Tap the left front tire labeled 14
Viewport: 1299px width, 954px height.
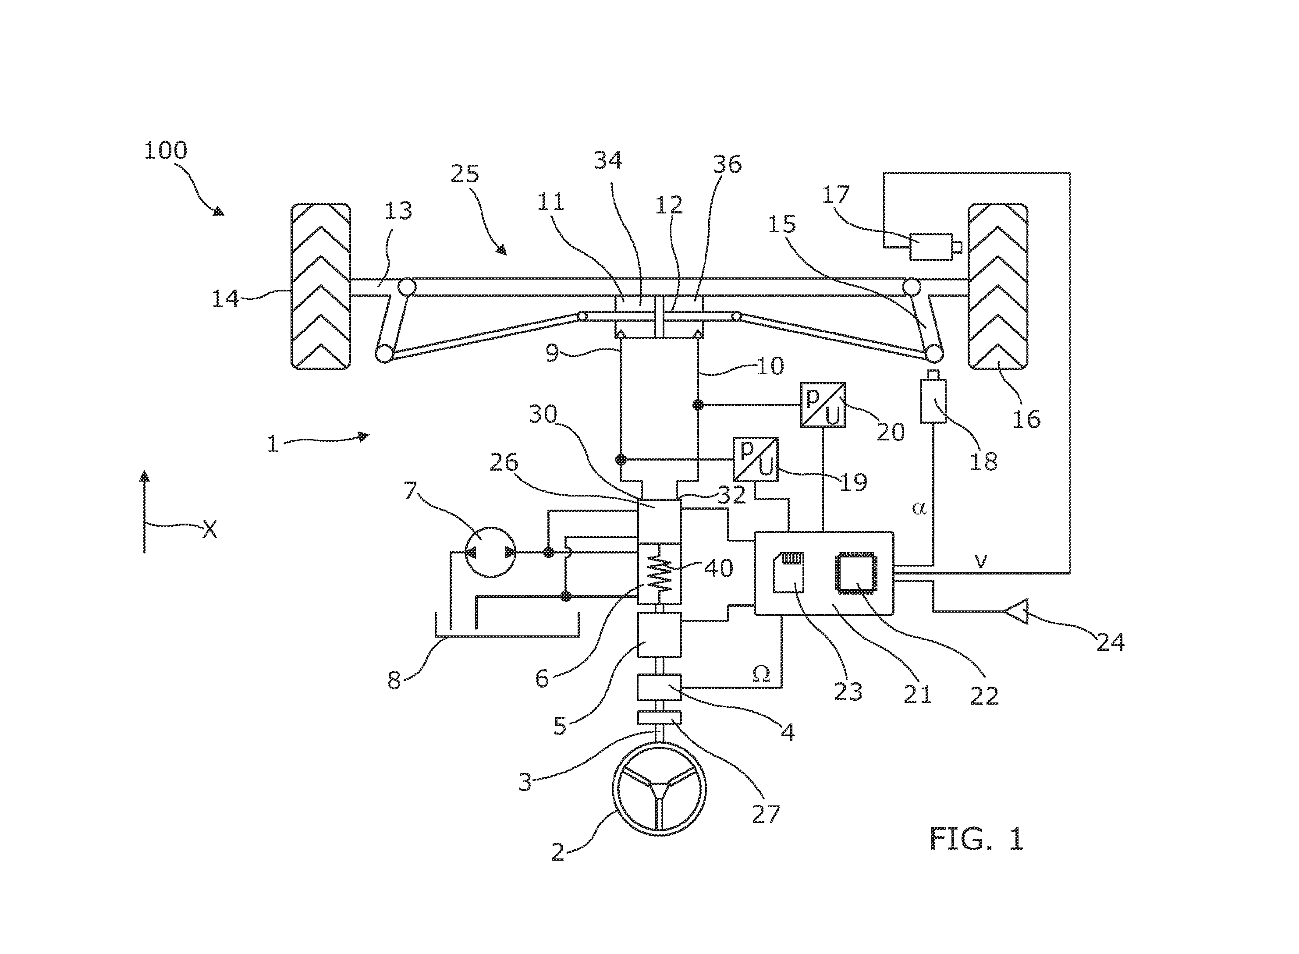(x=320, y=287)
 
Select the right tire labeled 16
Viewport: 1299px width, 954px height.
(x=997, y=287)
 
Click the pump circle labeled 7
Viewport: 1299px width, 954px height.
(x=491, y=552)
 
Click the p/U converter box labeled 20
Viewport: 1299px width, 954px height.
(x=823, y=405)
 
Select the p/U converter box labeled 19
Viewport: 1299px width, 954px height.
(x=756, y=459)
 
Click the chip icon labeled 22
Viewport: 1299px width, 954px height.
(x=856, y=573)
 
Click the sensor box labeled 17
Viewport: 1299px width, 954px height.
(x=932, y=247)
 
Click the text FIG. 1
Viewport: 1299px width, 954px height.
(x=976, y=838)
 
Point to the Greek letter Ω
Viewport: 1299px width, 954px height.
(x=761, y=674)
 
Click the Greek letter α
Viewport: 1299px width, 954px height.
(x=918, y=507)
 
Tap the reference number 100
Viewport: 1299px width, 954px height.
(x=166, y=150)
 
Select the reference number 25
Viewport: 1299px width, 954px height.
(x=465, y=173)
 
